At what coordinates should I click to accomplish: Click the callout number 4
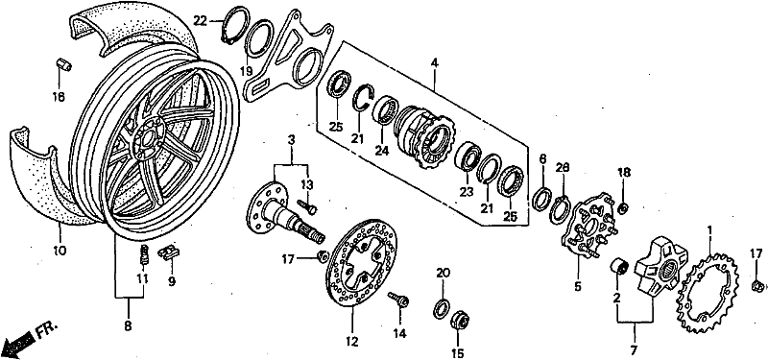[434, 63]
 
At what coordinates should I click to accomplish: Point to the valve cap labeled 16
[63, 64]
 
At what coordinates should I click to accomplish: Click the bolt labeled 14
[398, 300]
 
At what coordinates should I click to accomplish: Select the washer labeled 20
[443, 307]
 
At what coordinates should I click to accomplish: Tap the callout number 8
[128, 325]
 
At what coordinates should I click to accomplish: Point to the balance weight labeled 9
[169, 252]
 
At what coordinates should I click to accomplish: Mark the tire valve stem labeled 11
[144, 254]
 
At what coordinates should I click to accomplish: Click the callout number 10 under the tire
[60, 251]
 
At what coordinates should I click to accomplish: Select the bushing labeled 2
[619, 268]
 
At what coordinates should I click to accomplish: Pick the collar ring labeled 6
[542, 200]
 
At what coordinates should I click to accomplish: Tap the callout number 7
[635, 350]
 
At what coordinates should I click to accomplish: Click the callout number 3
[292, 140]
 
